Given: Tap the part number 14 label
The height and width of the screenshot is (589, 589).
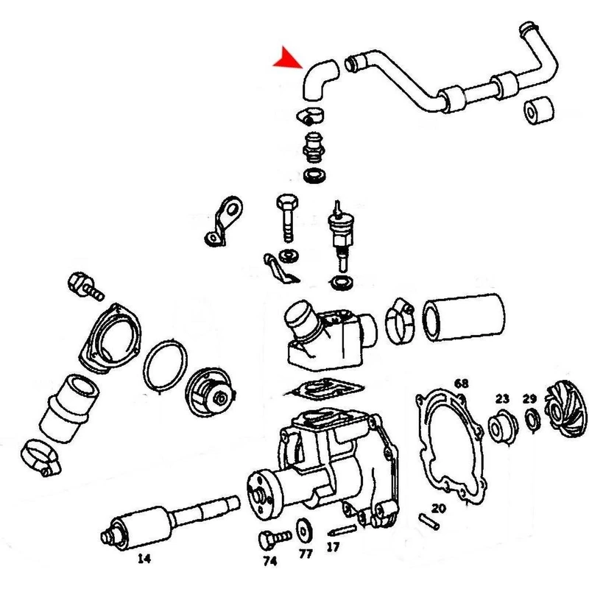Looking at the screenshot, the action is (x=144, y=559).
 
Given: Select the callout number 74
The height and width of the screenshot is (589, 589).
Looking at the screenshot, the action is (x=270, y=561).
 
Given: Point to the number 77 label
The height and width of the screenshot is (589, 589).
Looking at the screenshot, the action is (x=306, y=554).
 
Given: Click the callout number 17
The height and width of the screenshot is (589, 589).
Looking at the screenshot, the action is (x=333, y=547).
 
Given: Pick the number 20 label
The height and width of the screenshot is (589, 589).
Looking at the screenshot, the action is (x=438, y=509).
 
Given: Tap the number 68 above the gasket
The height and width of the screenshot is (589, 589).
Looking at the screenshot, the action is (x=462, y=384).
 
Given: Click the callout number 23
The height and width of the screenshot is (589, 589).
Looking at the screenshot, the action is (x=502, y=399).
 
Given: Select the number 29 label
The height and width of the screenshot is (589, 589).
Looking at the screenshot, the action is (x=529, y=399).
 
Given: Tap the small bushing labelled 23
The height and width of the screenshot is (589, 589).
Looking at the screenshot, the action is (x=503, y=426).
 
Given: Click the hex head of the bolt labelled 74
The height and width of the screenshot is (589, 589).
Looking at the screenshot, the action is (x=267, y=540).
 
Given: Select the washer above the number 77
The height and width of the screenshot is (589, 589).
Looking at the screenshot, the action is (x=303, y=530).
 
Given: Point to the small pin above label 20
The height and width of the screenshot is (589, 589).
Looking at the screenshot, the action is (x=429, y=522).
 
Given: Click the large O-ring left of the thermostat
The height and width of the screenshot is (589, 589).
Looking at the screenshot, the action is (x=165, y=365).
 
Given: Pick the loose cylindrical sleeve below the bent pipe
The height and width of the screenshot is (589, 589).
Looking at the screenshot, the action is (x=539, y=110).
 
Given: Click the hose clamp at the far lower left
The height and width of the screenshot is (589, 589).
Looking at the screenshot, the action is (x=40, y=457).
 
